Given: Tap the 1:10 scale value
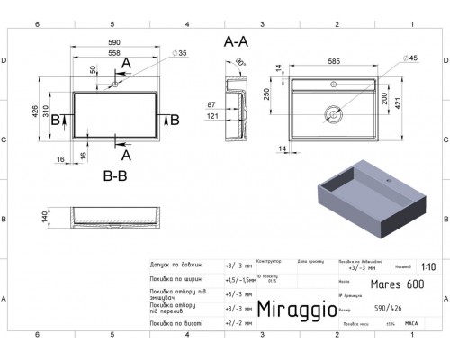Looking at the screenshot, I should [430, 267].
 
